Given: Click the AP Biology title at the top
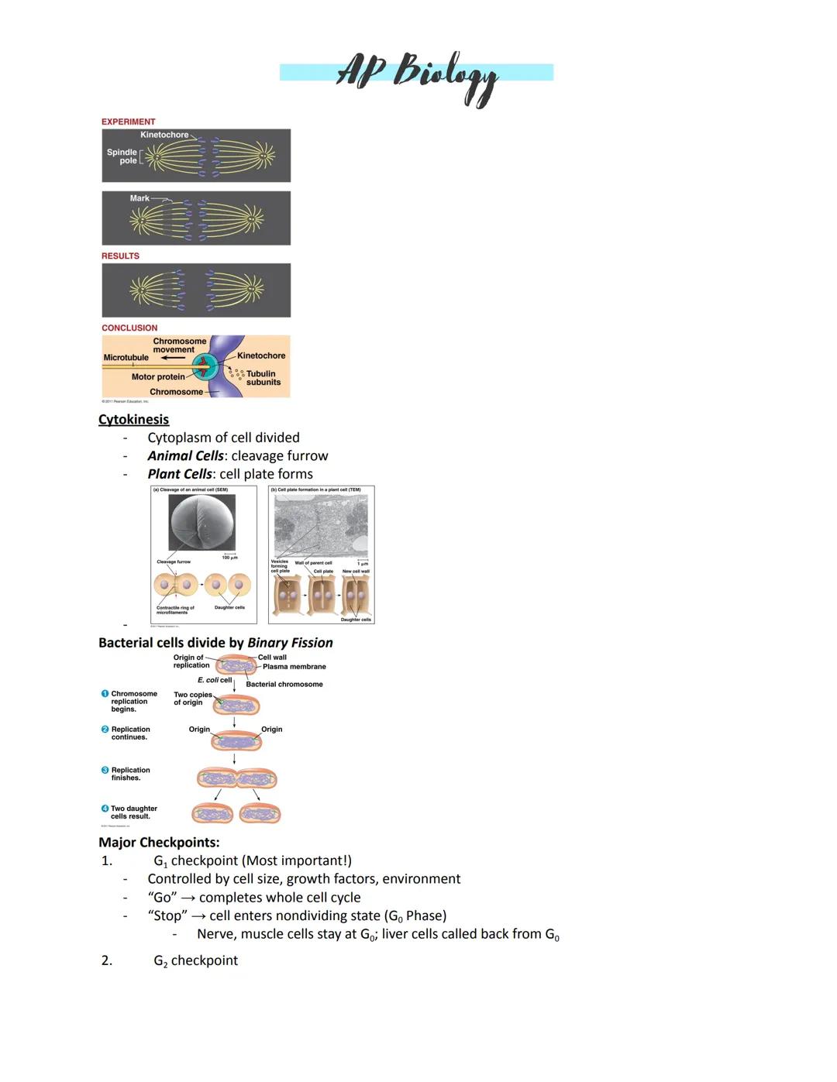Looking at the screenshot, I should pos(417,74).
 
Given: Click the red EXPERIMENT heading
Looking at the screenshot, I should pos(128,122).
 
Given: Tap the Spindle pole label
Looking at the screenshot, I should pos(122,156).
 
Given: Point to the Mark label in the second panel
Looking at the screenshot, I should pos(139,198).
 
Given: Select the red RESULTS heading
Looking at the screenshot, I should pos(120,256).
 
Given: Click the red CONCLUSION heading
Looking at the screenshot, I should pos(129,328).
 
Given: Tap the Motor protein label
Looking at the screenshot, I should pos(158,377).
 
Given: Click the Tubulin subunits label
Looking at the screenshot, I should pos(263,378).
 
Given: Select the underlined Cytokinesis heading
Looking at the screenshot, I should pos(133,419).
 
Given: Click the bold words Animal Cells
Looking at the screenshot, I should pos(185,455).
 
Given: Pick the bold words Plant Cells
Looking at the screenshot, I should pos(180,474).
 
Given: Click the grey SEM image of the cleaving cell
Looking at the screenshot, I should pos(204,522).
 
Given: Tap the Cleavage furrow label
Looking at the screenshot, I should pos(174,562).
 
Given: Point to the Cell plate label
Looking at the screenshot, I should pos(323,572).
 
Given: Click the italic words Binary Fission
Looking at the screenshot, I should pos(290,643).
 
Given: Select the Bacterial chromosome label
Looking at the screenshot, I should pos(284,684).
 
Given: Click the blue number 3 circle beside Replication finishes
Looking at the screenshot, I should pos(105,770).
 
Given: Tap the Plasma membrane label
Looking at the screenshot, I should pos(294,666).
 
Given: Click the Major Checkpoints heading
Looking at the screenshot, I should pos(159,842).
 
